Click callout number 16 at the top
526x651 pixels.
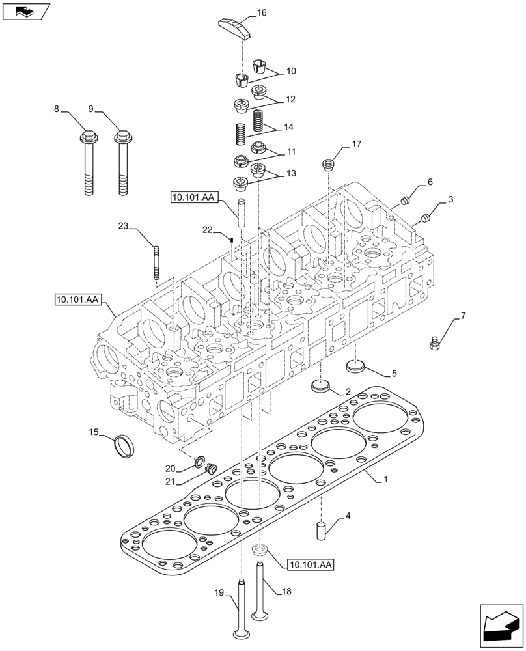(262, 12)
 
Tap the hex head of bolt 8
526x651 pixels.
(88, 138)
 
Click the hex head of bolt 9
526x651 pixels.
(121, 138)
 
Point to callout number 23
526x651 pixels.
(124, 226)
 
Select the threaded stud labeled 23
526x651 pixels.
(157, 262)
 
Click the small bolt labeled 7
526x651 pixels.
(436, 342)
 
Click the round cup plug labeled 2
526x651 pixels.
(320, 385)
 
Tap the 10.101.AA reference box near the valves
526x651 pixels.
(308, 565)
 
